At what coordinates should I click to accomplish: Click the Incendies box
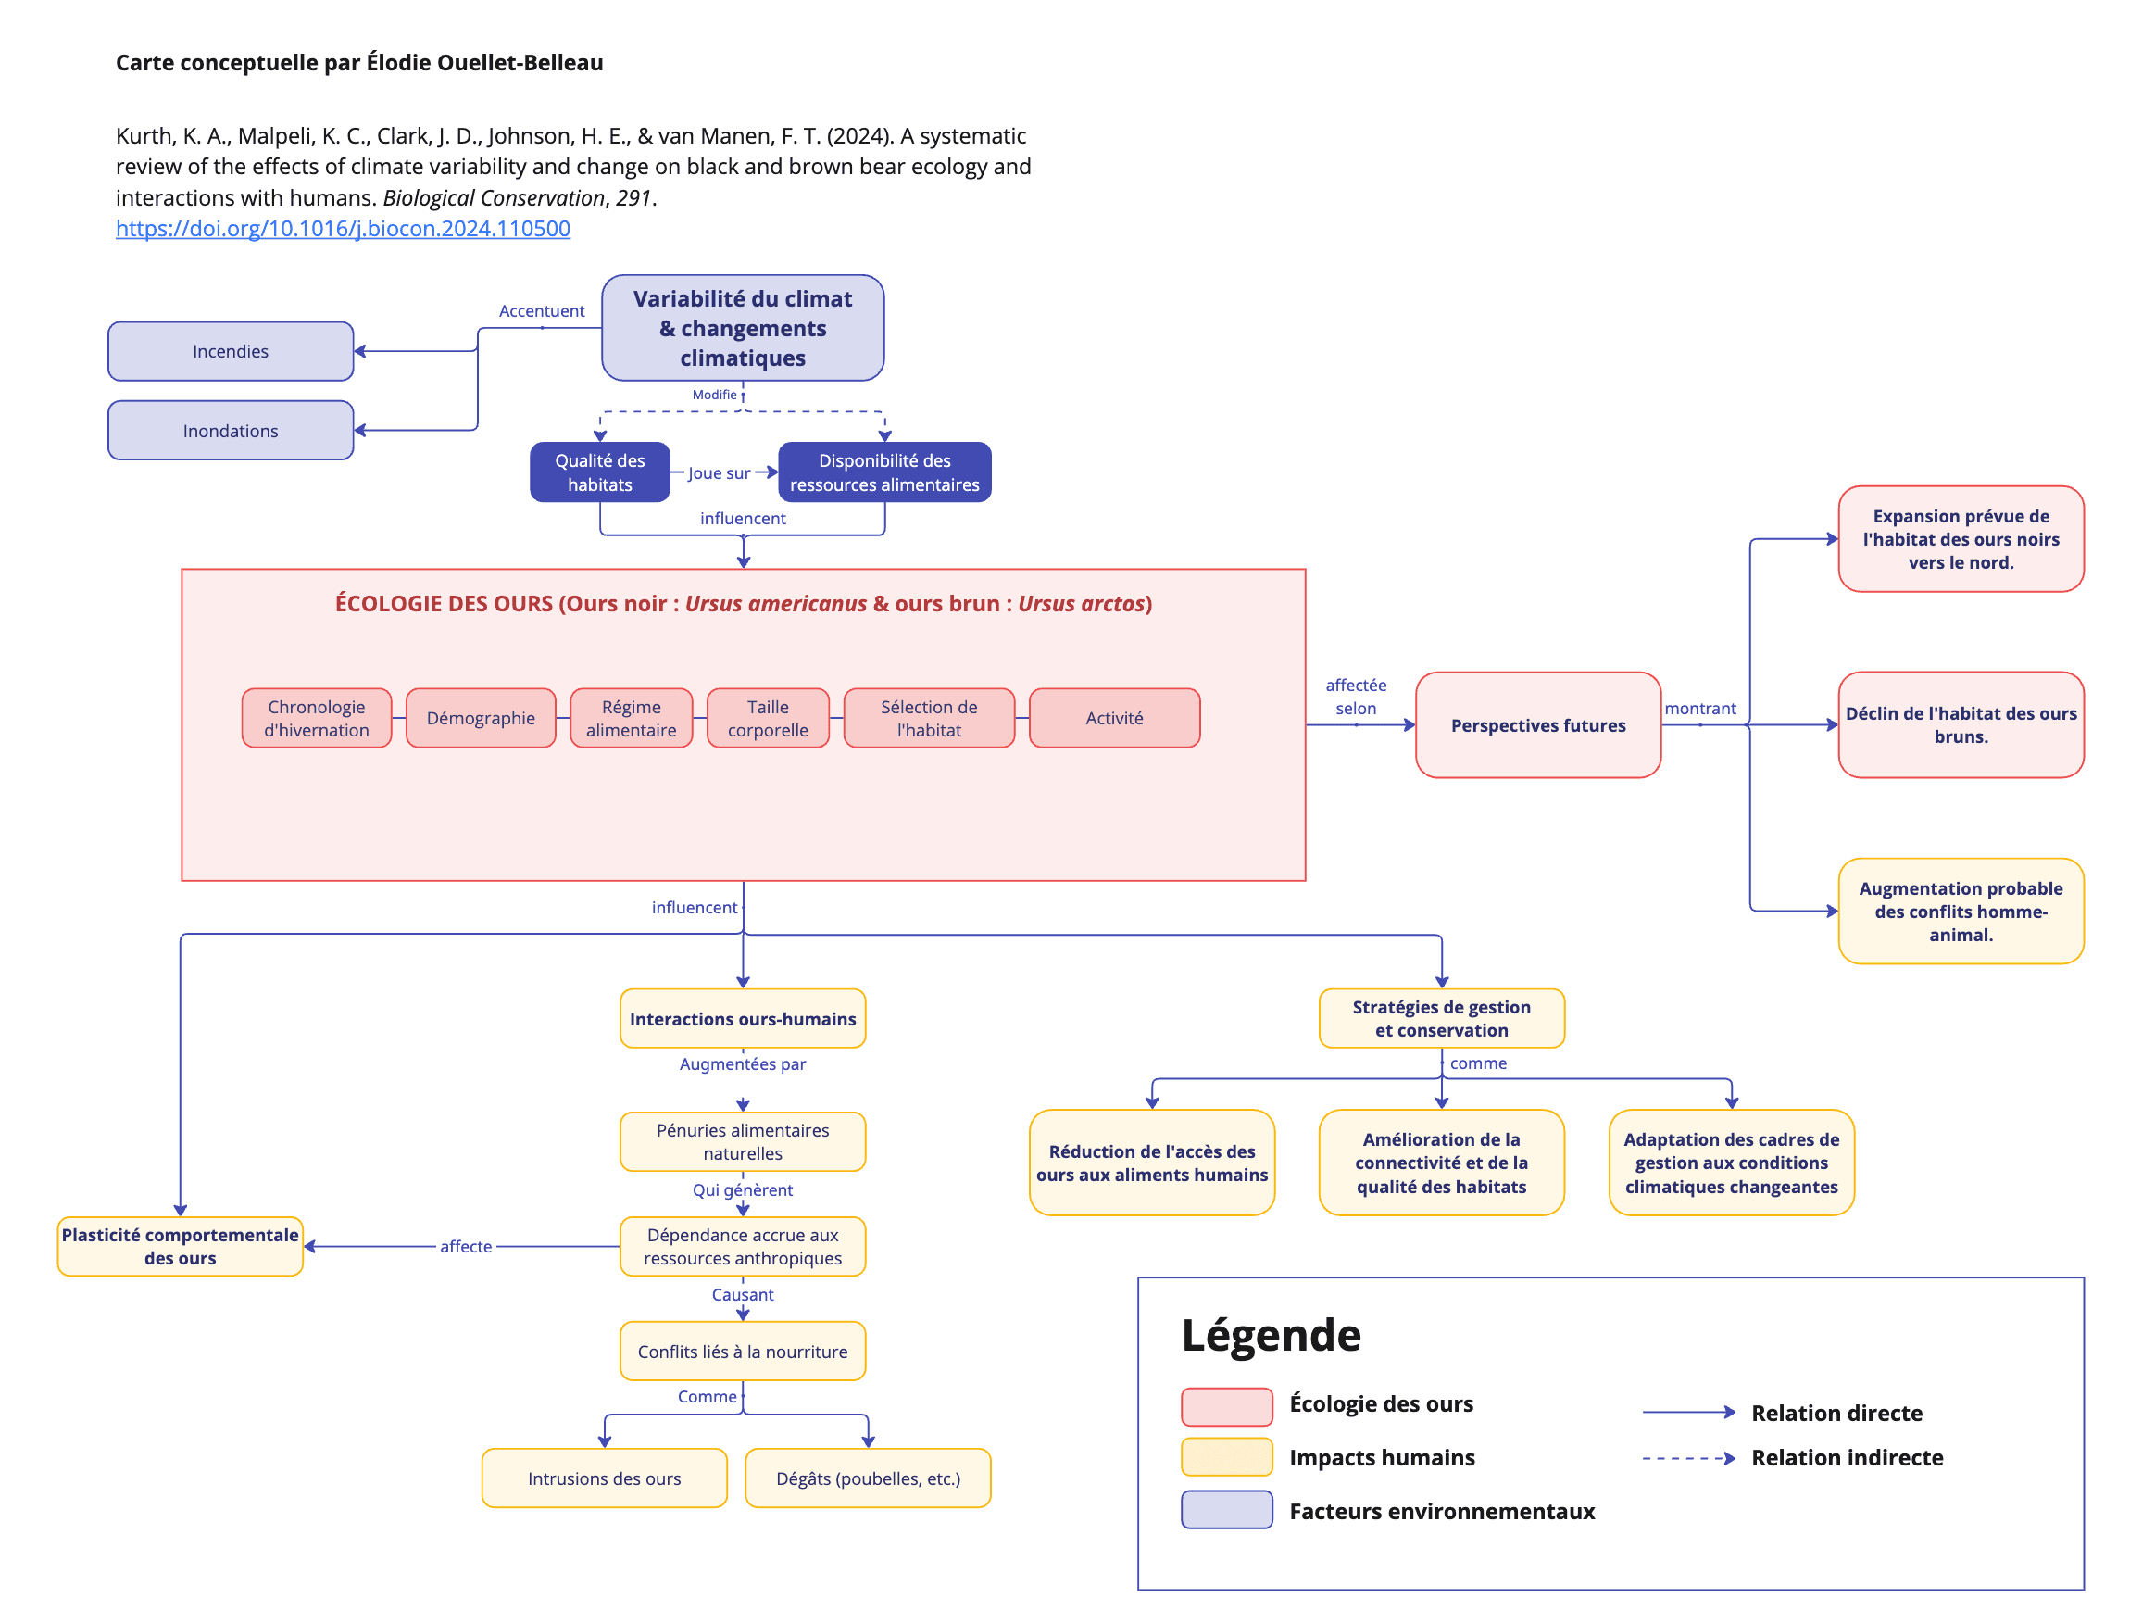[231, 351]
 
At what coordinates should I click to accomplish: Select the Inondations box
[231, 431]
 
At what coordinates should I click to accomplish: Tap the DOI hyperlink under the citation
[343, 228]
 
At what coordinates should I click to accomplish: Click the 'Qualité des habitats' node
[599, 472]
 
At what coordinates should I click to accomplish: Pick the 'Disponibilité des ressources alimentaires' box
[884, 472]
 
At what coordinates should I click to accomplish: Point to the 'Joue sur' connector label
[719, 472]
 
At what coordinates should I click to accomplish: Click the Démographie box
[481, 718]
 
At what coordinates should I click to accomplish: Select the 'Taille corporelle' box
[768, 718]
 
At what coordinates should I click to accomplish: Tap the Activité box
[1114, 718]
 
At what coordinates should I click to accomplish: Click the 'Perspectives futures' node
[1538, 725]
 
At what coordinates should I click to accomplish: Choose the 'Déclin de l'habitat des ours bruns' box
[1961, 725]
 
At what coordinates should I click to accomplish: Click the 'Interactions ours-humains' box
[743, 1019]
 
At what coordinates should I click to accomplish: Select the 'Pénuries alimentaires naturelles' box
[743, 1142]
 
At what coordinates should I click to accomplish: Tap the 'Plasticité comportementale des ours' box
[180, 1246]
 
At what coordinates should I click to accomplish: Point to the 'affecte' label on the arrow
[466, 1246]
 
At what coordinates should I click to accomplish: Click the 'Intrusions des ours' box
[604, 1478]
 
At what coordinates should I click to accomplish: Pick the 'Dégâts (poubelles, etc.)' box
[868, 1478]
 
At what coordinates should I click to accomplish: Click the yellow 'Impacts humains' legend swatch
[1227, 1457]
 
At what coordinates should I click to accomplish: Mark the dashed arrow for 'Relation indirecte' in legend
[1689, 1458]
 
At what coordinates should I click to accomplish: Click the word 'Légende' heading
[1272, 1335]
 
